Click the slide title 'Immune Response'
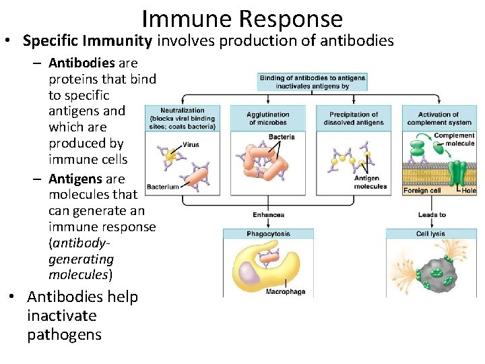242,18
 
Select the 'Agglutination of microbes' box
268,118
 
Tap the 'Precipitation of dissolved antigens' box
354,118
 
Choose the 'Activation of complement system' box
439,118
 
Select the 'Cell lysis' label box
430,234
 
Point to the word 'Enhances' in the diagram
268,215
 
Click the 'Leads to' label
432,215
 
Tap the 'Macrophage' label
285,292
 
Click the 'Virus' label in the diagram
191,144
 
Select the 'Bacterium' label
163,187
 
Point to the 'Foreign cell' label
422,191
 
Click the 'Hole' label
469,191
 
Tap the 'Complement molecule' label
454,140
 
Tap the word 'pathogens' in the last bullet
64,334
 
